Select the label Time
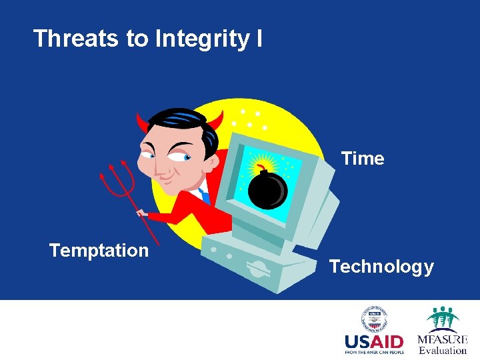pos(363,159)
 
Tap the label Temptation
pos(99,251)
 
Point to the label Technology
pos(381,267)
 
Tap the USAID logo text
pos(374,341)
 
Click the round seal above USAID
pos(375,319)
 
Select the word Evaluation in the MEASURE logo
pos(442,351)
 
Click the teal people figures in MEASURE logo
pos(443,317)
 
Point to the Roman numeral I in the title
pos(258,39)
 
